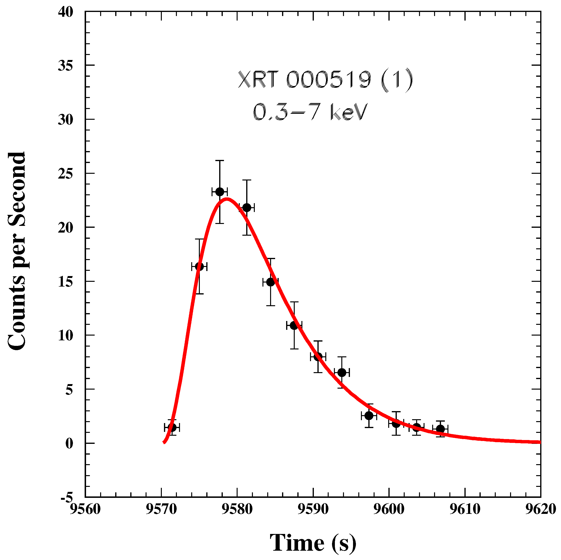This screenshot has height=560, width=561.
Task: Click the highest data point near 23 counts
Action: click(219, 192)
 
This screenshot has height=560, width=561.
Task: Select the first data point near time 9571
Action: click(172, 427)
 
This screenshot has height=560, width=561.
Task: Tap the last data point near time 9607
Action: click(440, 429)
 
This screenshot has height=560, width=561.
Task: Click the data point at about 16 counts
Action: click(199, 266)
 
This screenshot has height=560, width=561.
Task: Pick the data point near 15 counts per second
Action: click(270, 282)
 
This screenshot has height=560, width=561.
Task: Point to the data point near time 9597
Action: click(369, 416)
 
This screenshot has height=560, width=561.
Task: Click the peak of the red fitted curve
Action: click(227, 199)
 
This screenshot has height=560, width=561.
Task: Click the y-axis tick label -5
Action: click(67, 498)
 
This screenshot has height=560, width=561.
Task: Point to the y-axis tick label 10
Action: click(65, 336)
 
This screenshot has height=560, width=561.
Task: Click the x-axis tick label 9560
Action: click(85, 509)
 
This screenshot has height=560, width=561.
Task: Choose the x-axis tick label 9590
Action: click(313, 509)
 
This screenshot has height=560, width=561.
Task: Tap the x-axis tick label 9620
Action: click(540, 509)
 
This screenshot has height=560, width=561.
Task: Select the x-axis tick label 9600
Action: click(389, 509)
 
